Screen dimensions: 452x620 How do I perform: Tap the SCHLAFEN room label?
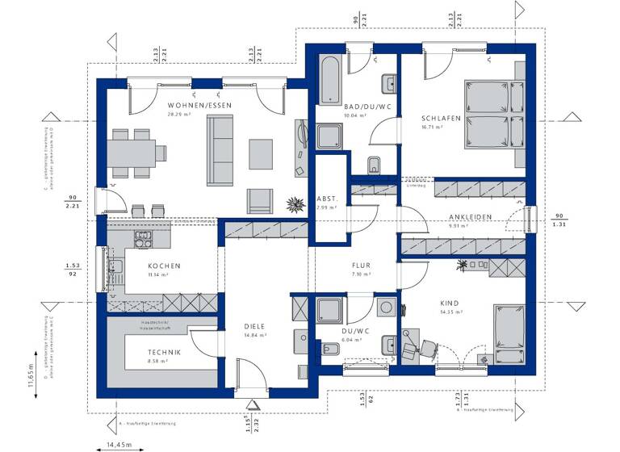(440, 118)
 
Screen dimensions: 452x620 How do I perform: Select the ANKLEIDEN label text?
(471, 217)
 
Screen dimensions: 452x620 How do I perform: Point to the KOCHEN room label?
(164, 266)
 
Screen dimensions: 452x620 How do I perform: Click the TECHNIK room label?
(164, 353)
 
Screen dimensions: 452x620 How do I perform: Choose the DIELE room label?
(254, 326)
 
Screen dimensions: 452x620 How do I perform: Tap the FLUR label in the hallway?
(360, 265)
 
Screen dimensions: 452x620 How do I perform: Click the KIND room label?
(450, 303)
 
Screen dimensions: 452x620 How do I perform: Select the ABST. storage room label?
(326, 199)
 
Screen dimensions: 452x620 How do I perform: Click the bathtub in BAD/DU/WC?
(331, 80)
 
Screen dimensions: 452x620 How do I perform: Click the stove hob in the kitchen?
(145, 238)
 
